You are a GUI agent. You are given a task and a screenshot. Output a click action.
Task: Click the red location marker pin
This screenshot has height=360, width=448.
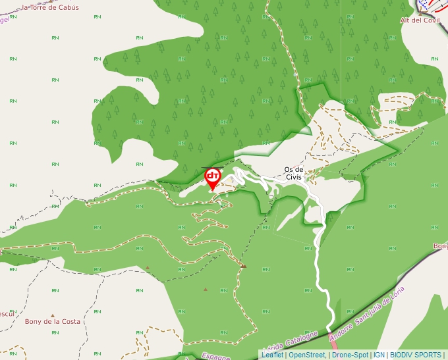point(213,178)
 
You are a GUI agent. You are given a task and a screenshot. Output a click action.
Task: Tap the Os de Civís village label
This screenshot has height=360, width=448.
point(293,173)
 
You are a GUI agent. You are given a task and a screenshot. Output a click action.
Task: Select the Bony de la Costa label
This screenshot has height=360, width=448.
point(52,322)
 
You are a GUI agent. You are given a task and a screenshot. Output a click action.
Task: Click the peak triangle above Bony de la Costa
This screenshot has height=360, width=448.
point(53,315)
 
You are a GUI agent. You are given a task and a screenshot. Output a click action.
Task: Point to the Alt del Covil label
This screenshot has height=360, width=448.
point(420,20)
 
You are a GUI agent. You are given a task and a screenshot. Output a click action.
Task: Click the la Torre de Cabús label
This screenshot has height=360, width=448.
point(50,7)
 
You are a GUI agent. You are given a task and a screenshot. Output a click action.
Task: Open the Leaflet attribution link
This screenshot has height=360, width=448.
point(272,355)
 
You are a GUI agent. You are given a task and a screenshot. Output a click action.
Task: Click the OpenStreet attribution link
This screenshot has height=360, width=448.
point(307,355)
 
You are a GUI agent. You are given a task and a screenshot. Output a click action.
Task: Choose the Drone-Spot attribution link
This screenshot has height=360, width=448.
point(350,355)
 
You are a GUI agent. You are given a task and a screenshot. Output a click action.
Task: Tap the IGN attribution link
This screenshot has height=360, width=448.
point(379,355)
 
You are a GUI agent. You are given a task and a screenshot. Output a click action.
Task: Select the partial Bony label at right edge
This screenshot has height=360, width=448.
point(439,246)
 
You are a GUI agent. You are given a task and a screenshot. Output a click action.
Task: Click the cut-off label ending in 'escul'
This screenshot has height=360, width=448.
point(7,313)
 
